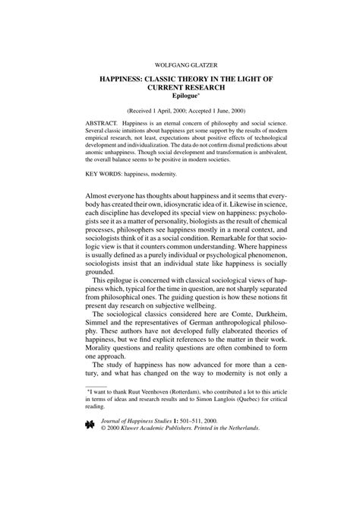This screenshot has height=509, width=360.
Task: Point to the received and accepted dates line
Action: point(180,110)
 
